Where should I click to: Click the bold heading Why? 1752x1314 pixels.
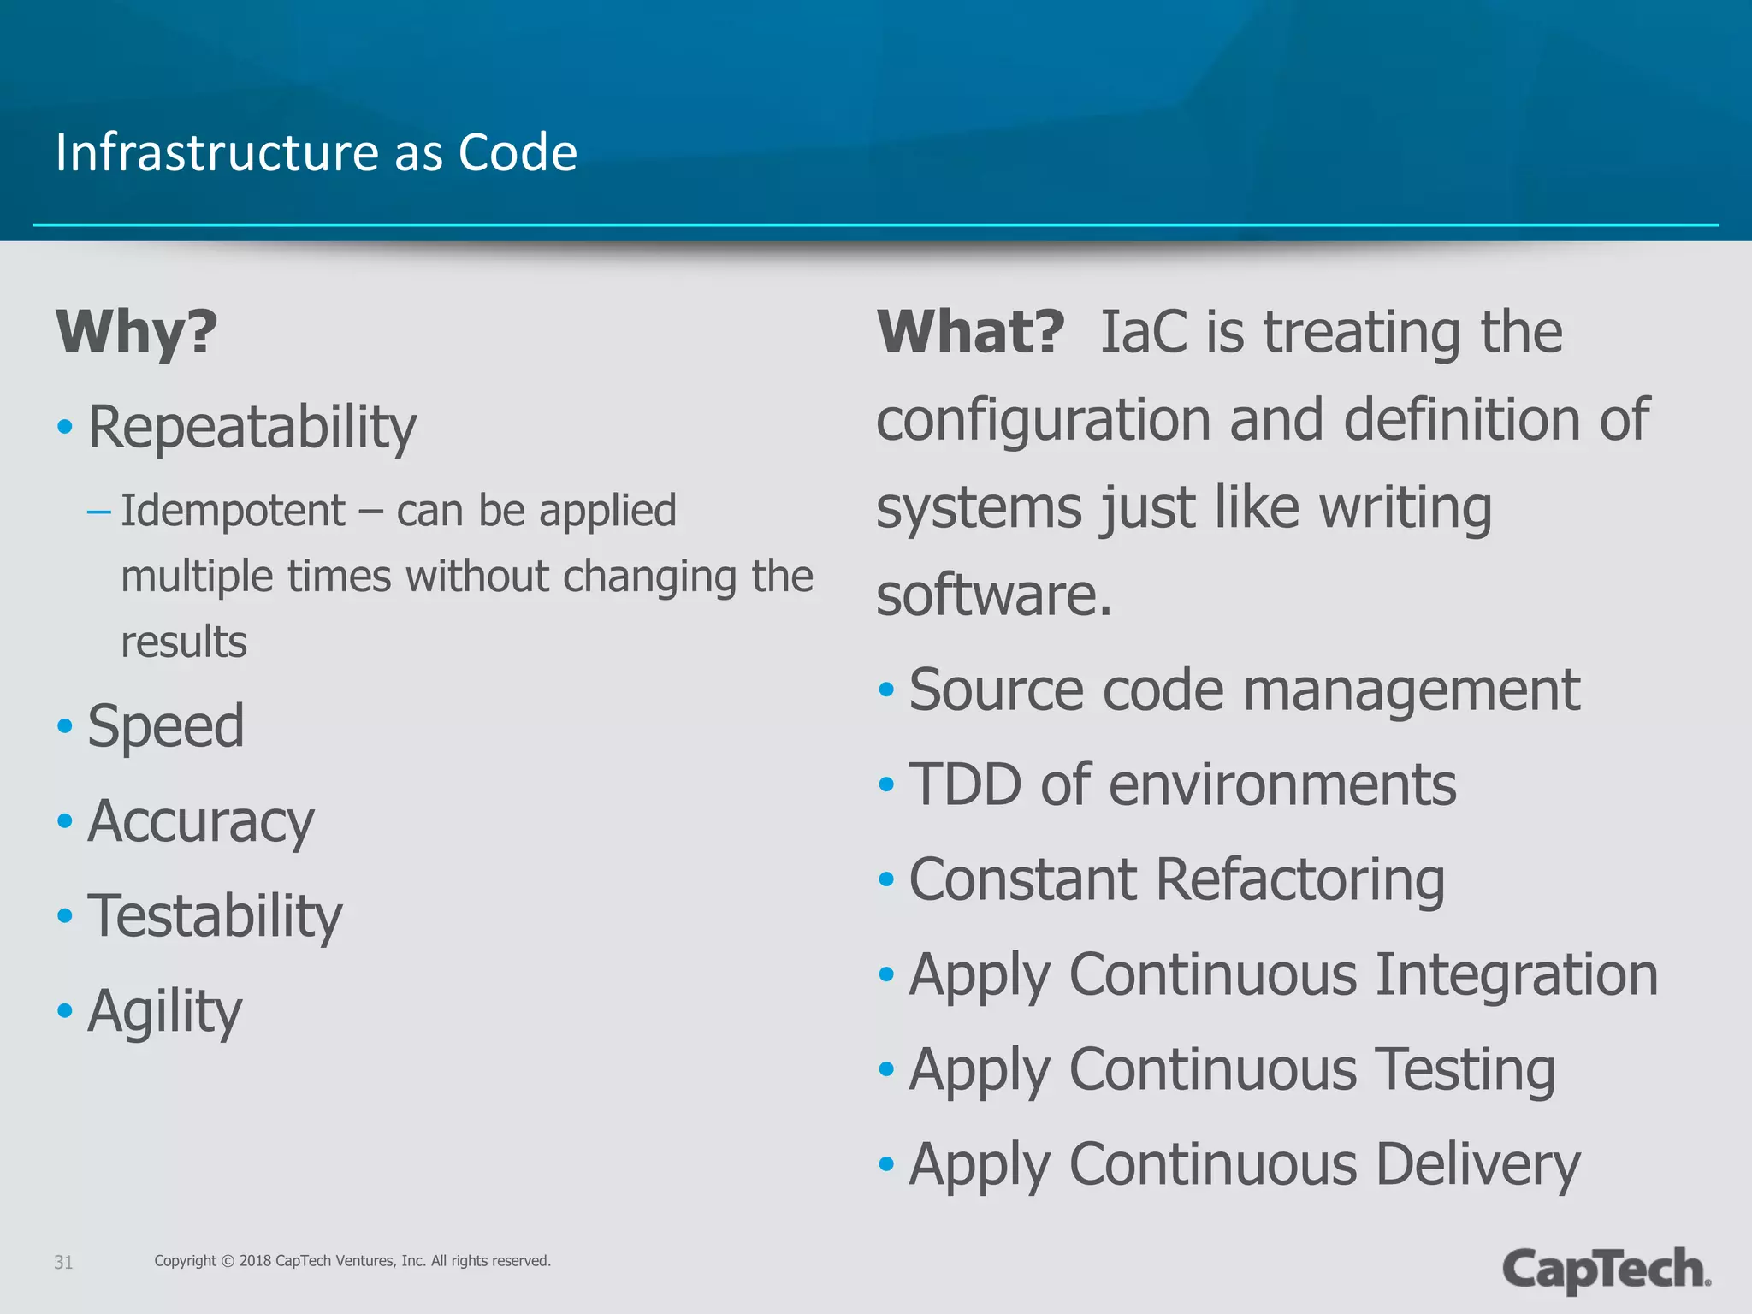tap(137, 332)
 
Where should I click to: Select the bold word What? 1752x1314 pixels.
tap(971, 332)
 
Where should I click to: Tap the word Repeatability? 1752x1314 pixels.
tap(252, 427)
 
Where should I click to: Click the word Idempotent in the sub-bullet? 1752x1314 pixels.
tap(233, 511)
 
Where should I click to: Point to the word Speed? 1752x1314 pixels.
tap(166, 726)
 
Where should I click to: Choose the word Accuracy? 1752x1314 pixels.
tap(201, 821)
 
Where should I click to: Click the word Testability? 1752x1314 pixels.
tap(215, 916)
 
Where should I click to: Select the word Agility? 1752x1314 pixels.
tap(165, 1011)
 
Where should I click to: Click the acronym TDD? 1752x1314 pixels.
tap(964, 784)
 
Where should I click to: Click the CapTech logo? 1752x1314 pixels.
tap(1606, 1269)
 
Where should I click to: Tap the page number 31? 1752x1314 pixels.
tap(63, 1262)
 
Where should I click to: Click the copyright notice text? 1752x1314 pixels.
tap(352, 1261)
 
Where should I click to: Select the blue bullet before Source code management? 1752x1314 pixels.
tap(886, 690)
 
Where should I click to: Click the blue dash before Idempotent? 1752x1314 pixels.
tap(99, 512)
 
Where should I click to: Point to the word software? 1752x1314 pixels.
tap(992, 595)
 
